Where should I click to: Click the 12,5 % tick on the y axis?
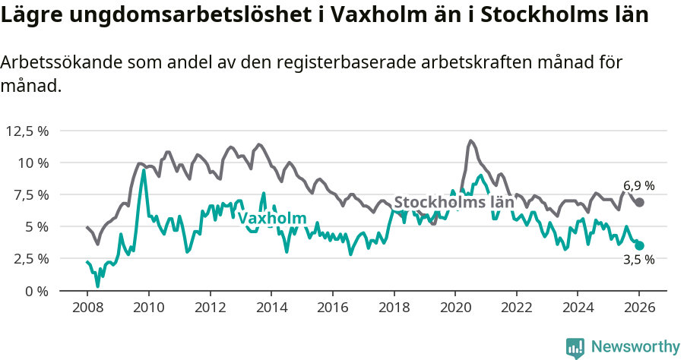click(x=27, y=131)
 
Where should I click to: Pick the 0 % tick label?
click(x=36, y=290)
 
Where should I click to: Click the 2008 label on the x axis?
click(x=87, y=308)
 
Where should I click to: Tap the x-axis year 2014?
click(x=271, y=308)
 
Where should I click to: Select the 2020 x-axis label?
click(x=454, y=308)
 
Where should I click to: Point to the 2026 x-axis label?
click(x=639, y=308)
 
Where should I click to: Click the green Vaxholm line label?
click(x=272, y=219)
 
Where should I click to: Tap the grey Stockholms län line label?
click(x=454, y=203)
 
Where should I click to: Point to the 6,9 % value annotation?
click(x=638, y=185)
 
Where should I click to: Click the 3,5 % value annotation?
click(x=638, y=260)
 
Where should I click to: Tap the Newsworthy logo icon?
click(x=575, y=347)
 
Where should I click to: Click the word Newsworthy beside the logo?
click(x=635, y=347)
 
